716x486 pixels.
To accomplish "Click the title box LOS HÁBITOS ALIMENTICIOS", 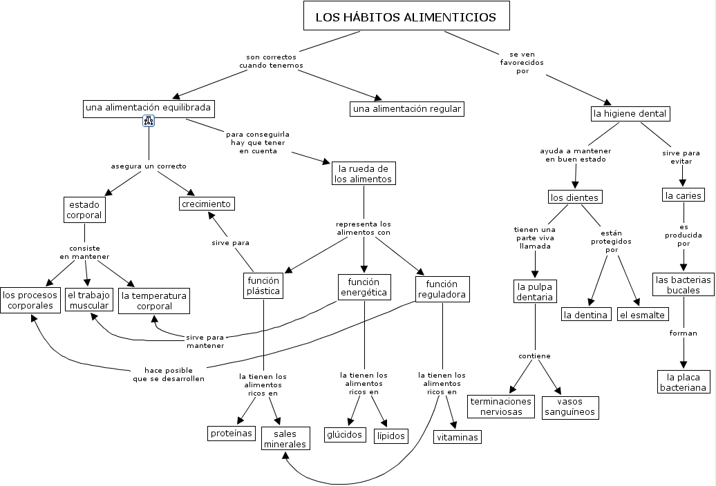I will (x=406, y=17).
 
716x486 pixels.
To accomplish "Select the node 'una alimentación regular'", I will (x=406, y=109).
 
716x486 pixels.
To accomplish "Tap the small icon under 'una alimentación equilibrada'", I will (x=149, y=121).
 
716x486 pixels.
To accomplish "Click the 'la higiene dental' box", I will (x=630, y=113).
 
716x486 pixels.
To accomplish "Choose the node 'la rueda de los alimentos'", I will (x=363, y=173).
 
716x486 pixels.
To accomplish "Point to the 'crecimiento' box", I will (x=207, y=204).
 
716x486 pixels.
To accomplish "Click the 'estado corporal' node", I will (x=84, y=210).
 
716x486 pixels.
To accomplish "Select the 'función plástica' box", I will (x=263, y=286).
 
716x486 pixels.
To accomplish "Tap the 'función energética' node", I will (x=364, y=287).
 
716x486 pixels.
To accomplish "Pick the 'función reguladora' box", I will (x=442, y=289).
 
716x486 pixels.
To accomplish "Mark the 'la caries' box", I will (x=683, y=195).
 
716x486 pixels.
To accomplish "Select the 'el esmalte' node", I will (x=642, y=315).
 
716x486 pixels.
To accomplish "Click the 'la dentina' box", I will (x=586, y=315).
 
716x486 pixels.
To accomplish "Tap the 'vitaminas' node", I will (x=457, y=437).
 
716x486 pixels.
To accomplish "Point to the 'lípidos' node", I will (x=390, y=436).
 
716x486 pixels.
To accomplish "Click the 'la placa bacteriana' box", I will (x=684, y=382).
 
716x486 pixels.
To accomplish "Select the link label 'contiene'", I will (x=534, y=356).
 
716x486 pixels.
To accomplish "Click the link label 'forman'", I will (x=683, y=333).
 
